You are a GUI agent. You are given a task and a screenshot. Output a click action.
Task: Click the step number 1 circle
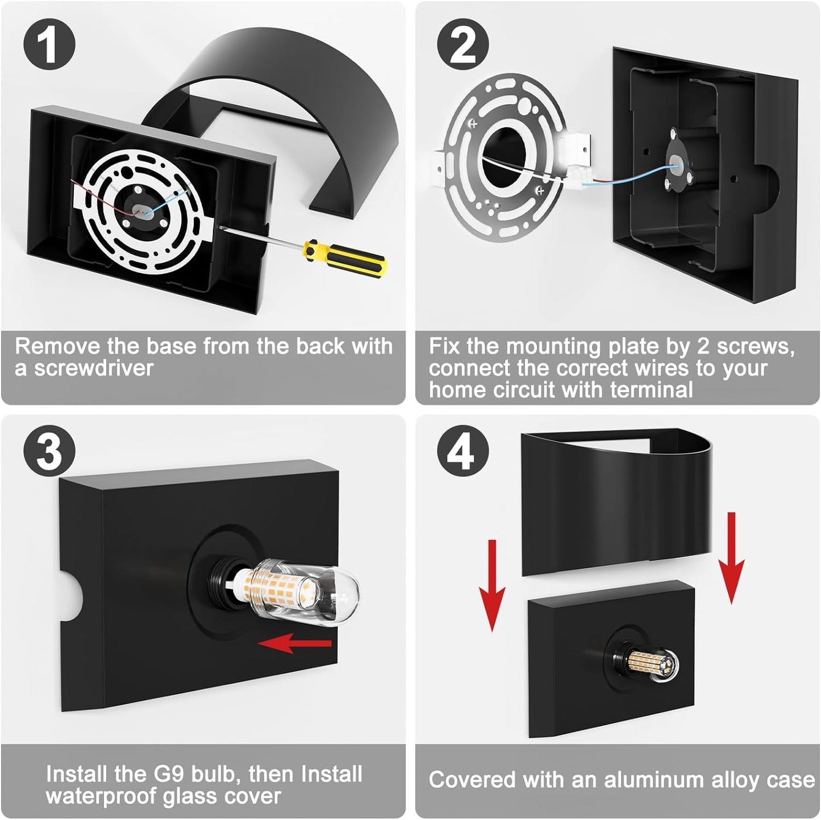pos(49,45)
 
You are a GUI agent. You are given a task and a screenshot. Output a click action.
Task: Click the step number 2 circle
pos(463,45)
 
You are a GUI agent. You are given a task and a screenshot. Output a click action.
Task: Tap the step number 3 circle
pos(49,451)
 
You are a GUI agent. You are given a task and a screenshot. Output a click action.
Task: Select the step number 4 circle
pos(463,451)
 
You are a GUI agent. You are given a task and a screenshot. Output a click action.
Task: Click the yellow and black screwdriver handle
pos(345,257)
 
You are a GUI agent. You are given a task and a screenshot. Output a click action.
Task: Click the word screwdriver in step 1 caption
pos(94,368)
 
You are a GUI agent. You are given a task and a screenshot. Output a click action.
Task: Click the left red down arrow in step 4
pos(492,585)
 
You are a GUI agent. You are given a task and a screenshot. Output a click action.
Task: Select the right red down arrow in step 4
pos(732,558)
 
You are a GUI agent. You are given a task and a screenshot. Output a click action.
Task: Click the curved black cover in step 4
pos(616,503)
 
